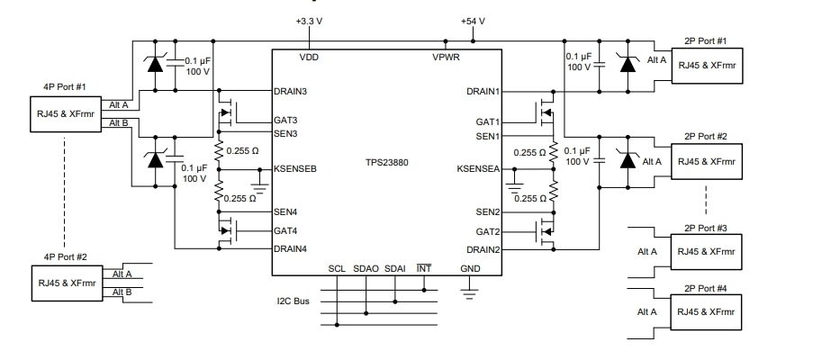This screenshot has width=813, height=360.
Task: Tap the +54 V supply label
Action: tap(473, 21)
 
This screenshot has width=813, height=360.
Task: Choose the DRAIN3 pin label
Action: tap(292, 91)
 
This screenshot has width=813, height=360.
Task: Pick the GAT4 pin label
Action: tap(286, 230)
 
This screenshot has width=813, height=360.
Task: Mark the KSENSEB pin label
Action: tap(295, 168)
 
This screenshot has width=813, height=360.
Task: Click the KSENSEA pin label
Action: tap(478, 168)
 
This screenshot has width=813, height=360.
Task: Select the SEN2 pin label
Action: tap(487, 212)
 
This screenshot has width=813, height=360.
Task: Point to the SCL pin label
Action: tap(336, 269)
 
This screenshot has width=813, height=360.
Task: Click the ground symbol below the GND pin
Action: tap(469, 289)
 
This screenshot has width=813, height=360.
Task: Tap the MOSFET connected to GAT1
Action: tap(547, 113)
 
